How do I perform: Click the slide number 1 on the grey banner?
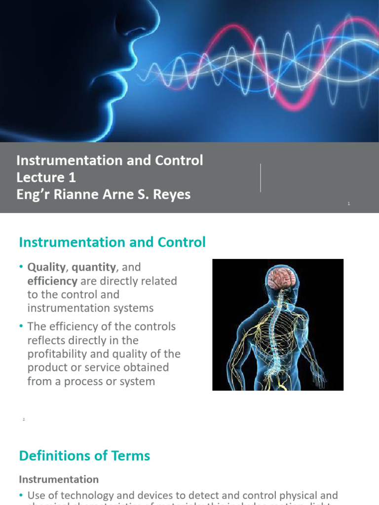348,204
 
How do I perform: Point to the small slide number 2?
23,419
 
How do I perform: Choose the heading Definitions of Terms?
84,456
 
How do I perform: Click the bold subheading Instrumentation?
58,479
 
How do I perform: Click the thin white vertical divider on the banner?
261,178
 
